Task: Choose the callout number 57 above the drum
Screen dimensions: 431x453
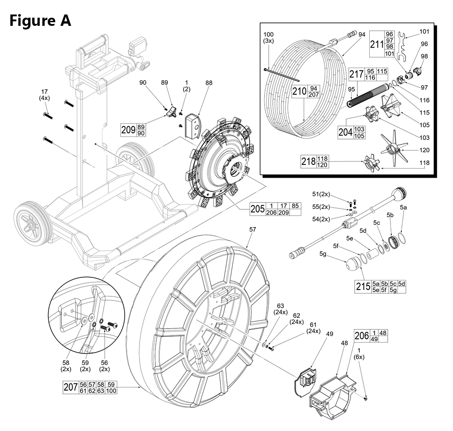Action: (253, 229)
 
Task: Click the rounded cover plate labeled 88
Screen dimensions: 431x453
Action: (194, 125)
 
